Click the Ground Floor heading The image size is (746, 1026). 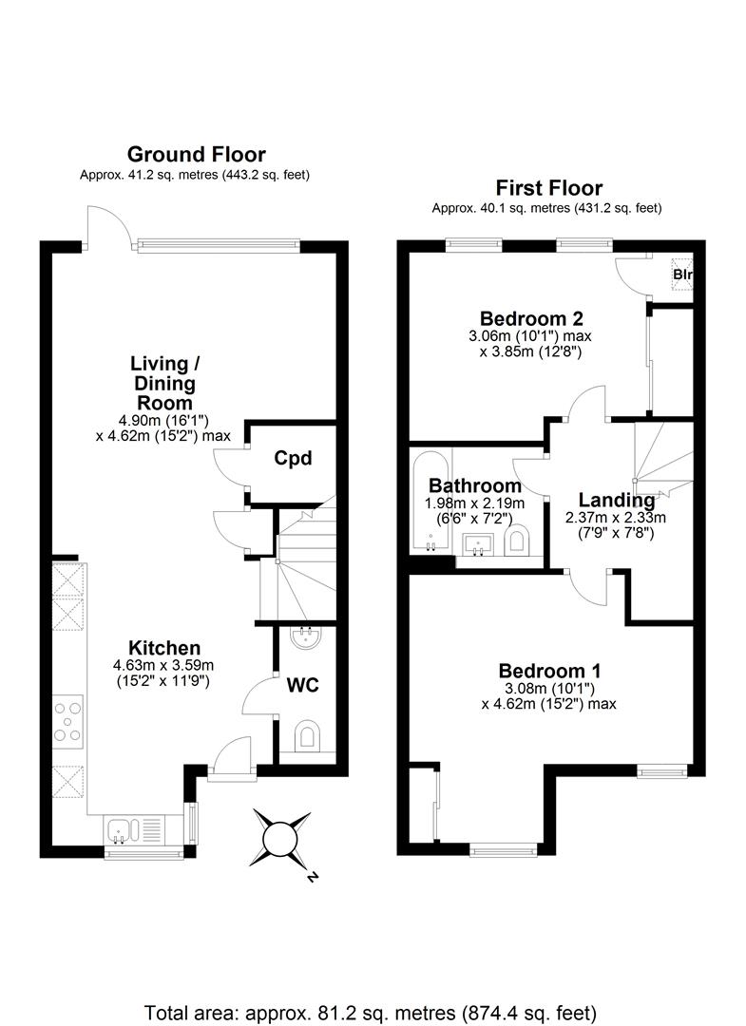[x=196, y=154]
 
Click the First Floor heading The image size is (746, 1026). [x=546, y=187]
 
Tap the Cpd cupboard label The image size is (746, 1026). [x=294, y=459]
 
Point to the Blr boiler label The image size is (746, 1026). [x=682, y=276]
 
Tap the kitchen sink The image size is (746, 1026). [x=127, y=829]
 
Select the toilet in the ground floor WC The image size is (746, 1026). [x=307, y=736]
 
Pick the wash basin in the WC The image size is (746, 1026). [x=306, y=635]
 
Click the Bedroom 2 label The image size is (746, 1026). [x=530, y=318]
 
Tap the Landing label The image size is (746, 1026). [x=616, y=500]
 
